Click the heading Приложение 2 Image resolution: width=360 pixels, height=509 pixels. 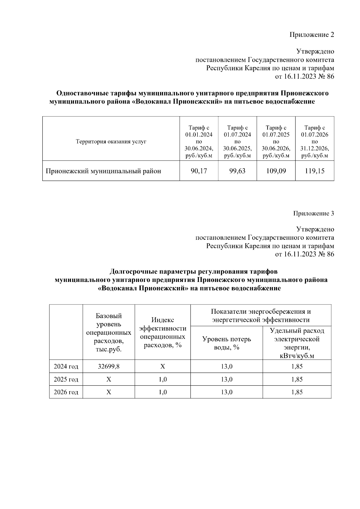(x=311, y=35)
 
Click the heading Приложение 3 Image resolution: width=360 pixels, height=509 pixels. (x=313, y=214)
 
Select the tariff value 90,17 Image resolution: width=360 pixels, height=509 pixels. (x=199, y=171)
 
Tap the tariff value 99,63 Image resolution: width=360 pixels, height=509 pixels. (x=237, y=171)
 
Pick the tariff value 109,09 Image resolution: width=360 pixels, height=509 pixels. (x=276, y=171)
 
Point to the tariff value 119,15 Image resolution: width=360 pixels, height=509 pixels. (x=314, y=171)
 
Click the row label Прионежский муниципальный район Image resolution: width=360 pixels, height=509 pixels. (x=103, y=171)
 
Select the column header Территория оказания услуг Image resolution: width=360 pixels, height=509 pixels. (x=111, y=142)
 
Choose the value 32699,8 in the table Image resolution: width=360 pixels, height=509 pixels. (x=109, y=367)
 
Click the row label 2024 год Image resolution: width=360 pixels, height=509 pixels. (x=66, y=367)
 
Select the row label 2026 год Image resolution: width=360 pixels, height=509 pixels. (x=66, y=392)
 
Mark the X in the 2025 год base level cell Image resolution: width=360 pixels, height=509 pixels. (x=109, y=379)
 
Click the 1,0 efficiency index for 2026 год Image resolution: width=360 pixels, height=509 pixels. (x=163, y=392)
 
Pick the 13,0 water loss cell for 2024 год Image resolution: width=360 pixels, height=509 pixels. (x=226, y=367)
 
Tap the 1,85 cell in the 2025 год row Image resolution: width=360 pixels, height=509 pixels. (x=297, y=379)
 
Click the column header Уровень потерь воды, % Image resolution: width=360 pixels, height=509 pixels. (x=226, y=343)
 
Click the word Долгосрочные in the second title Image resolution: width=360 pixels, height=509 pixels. (x=133, y=272)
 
